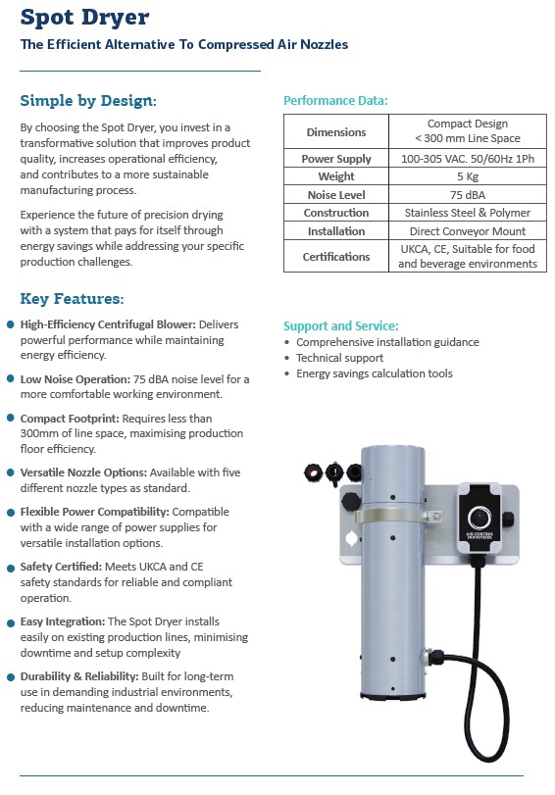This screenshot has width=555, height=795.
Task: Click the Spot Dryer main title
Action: click(84, 18)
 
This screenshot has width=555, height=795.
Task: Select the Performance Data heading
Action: click(335, 100)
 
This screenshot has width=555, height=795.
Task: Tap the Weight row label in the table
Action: click(335, 176)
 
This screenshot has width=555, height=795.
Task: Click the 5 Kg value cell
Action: click(467, 176)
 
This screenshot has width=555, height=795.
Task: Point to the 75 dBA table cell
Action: click(467, 195)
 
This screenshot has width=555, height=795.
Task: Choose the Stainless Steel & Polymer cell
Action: click(467, 213)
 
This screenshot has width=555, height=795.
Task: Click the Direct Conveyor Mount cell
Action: click(467, 231)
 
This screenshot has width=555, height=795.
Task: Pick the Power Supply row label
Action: click(335, 159)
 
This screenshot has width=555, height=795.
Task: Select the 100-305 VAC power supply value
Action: click(467, 159)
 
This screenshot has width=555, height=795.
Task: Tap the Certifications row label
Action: click(335, 257)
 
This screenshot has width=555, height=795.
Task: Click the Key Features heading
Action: click(72, 299)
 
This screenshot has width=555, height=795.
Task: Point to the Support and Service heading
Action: click(341, 325)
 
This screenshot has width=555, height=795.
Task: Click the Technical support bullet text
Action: click(339, 358)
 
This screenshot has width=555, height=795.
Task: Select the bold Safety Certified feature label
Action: click(61, 567)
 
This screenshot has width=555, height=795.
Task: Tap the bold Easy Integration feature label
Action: click(63, 621)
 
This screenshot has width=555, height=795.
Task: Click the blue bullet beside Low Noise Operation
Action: click(10, 379)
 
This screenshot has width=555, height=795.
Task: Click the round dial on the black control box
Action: click(479, 518)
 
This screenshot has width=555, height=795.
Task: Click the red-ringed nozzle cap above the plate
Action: click(313, 473)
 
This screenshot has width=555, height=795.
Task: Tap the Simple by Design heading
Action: click(88, 100)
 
